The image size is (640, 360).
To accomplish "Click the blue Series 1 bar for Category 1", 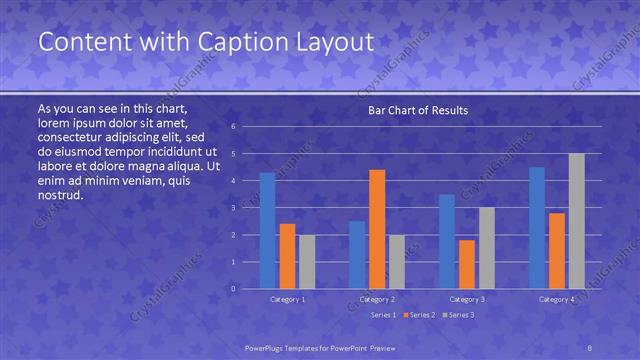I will click(267, 231).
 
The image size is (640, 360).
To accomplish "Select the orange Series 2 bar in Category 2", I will click(377, 229).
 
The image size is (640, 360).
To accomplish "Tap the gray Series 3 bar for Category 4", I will click(576, 221).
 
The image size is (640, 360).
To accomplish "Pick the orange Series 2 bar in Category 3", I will click(466, 264).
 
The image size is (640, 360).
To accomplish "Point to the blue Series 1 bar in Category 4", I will click(537, 228).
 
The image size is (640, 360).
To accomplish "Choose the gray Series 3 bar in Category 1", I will click(306, 262).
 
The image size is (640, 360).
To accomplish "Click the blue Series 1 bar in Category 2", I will click(357, 255).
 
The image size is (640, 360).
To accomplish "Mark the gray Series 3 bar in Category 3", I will click(486, 248).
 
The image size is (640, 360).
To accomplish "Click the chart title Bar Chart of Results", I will click(418, 110).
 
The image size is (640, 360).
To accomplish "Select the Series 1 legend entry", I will click(384, 315).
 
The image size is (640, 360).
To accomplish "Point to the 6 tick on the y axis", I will click(232, 127).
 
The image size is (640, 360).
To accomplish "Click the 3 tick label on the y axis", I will click(232, 208).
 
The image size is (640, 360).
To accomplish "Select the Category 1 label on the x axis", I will click(288, 299).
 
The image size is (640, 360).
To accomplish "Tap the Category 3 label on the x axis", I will click(467, 299).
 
